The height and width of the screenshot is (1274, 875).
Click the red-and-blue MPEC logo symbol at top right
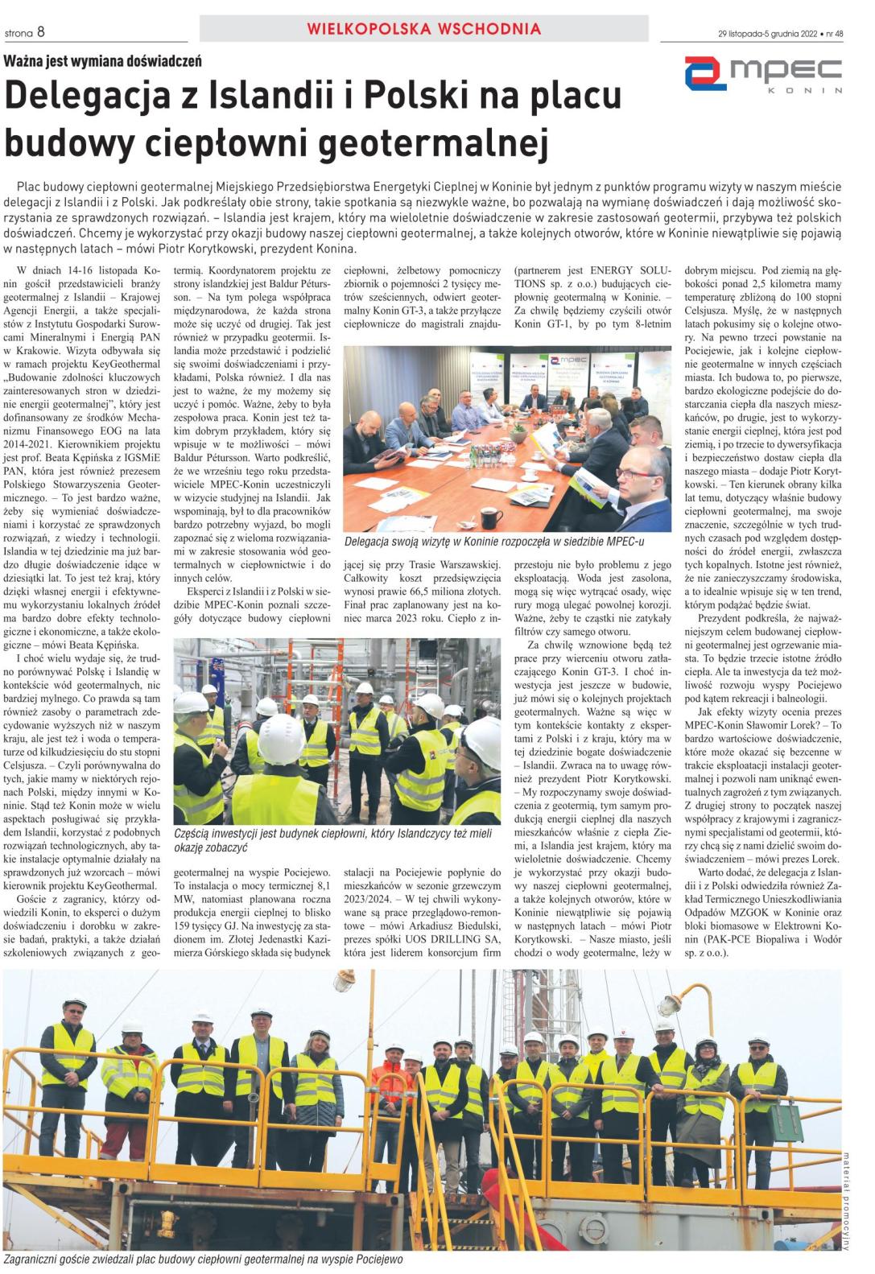(x=705, y=73)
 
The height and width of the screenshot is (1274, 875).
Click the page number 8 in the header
(x=40, y=32)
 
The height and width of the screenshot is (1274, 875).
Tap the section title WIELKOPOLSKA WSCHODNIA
(x=423, y=30)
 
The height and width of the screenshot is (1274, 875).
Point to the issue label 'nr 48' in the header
(x=833, y=34)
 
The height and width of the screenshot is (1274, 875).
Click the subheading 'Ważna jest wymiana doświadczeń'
(x=103, y=61)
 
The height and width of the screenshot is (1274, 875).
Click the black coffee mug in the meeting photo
(x=491, y=516)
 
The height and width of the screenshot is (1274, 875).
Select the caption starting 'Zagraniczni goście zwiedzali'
(x=202, y=1259)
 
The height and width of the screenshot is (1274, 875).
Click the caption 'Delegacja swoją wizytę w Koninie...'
(x=493, y=542)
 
